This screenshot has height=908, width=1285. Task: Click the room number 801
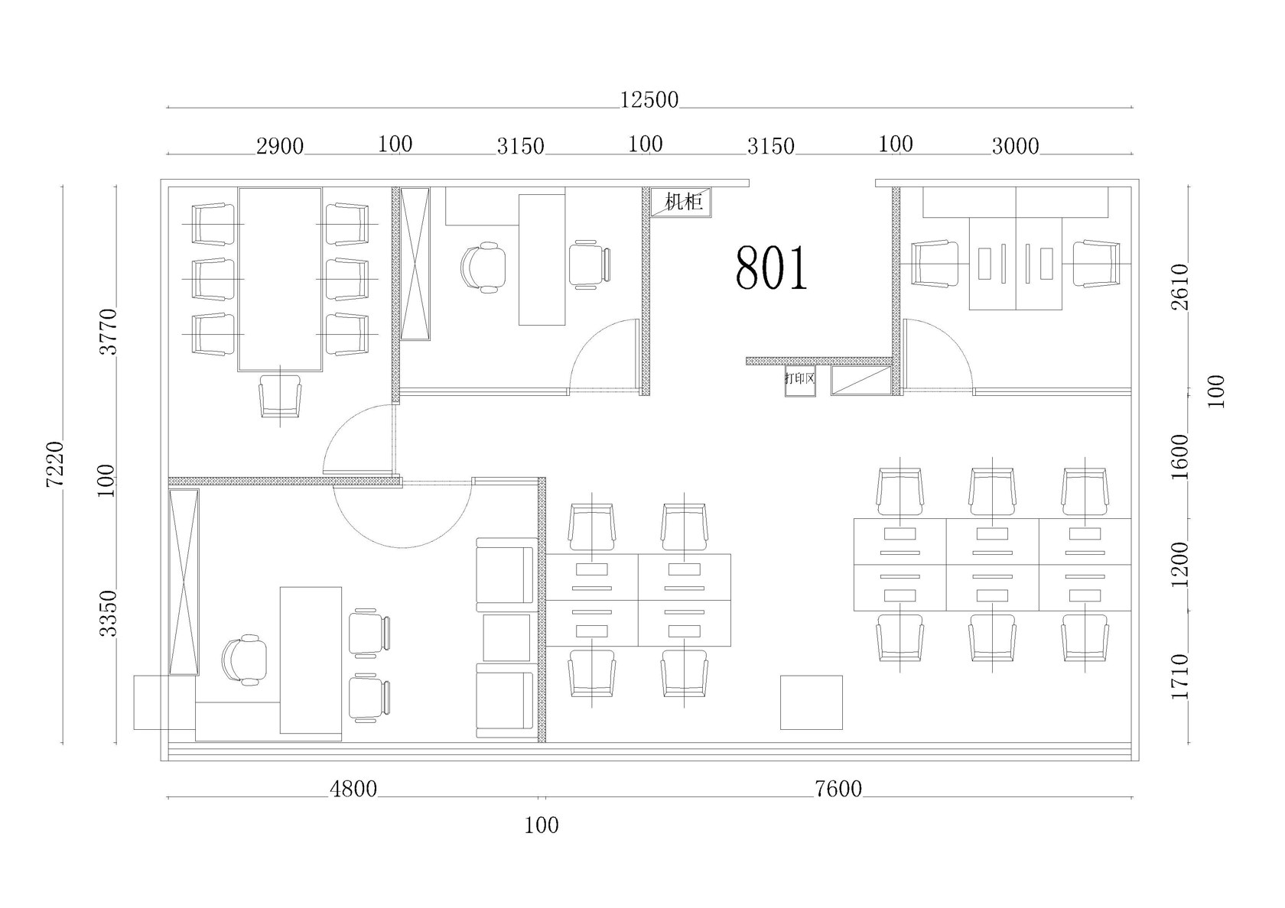click(772, 268)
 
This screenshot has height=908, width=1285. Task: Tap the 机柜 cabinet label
click(684, 202)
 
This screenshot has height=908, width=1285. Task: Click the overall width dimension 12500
click(649, 100)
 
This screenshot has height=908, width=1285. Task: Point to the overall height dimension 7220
click(56, 464)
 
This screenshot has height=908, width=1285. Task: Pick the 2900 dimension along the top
click(280, 148)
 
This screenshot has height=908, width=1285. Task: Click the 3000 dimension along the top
click(1016, 147)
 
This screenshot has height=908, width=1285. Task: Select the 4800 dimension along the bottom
click(353, 790)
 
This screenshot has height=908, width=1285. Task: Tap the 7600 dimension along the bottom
click(838, 790)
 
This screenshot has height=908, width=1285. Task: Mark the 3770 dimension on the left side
click(109, 332)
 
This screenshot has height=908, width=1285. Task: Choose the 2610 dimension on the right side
click(1180, 287)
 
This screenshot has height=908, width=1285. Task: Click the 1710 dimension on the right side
click(1180, 677)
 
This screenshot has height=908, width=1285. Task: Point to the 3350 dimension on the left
click(109, 613)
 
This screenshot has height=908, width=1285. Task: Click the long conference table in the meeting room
click(280, 279)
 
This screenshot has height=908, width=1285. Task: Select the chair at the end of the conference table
click(280, 396)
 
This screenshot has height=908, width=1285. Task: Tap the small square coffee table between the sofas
click(506, 637)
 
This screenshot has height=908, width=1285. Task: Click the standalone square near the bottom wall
click(811, 702)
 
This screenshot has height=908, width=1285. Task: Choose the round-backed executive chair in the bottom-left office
click(245, 660)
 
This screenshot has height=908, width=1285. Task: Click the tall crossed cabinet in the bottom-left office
click(184, 582)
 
